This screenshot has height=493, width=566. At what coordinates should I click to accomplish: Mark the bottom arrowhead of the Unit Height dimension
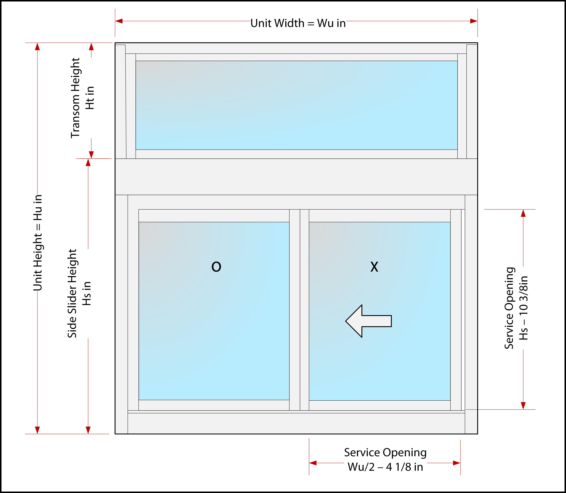[x=37, y=430]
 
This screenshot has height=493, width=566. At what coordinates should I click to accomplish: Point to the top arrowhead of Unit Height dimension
[x=37, y=47]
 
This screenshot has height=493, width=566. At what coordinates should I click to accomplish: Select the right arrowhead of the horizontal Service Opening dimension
[x=457, y=463]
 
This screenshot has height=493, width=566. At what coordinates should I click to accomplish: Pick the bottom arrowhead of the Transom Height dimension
[x=91, y=155]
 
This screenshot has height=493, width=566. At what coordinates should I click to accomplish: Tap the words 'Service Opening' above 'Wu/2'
[x=385, y=453]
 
